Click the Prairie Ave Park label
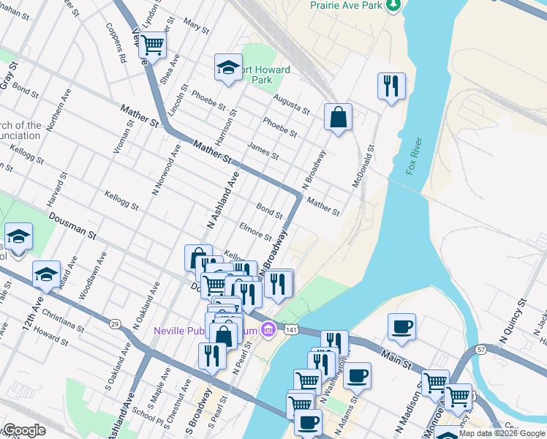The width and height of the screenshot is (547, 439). point(346,5)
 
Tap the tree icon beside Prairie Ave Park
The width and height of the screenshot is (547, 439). point(394,4)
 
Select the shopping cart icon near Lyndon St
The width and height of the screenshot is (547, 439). point(153,45)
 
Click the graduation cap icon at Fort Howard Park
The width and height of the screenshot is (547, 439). point(228,69)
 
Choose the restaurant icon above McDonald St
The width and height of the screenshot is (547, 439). point(391,85)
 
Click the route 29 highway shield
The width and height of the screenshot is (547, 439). point(115,323)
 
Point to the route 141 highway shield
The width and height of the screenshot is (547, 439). point(290,331)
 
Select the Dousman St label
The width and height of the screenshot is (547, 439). point(72,226)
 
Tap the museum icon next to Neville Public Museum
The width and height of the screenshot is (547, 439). point(268,331)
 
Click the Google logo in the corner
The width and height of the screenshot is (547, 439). point(23,431)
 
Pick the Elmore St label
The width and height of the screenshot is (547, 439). point(256,233)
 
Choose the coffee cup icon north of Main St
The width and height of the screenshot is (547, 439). point(401,326)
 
